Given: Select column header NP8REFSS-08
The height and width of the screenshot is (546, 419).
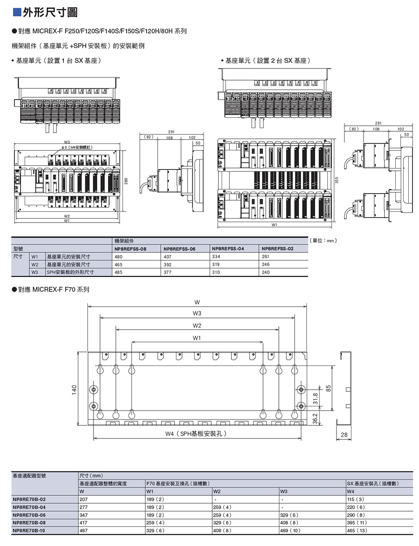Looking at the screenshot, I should point(130,249).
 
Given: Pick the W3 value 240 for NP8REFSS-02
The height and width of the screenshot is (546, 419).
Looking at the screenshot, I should point(266,272).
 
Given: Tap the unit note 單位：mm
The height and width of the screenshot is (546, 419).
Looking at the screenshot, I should point(323,241).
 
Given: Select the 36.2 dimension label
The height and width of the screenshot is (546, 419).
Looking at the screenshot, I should point(315,418).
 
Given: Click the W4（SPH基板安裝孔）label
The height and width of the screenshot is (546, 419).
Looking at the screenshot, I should point(196,434).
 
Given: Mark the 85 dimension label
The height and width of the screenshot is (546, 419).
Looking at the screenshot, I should point(329,388).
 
